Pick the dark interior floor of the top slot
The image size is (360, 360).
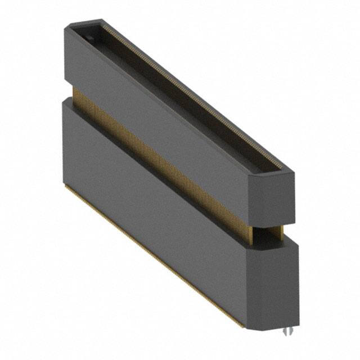coord(186,107)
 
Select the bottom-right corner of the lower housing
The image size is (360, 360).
coord(297,325)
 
